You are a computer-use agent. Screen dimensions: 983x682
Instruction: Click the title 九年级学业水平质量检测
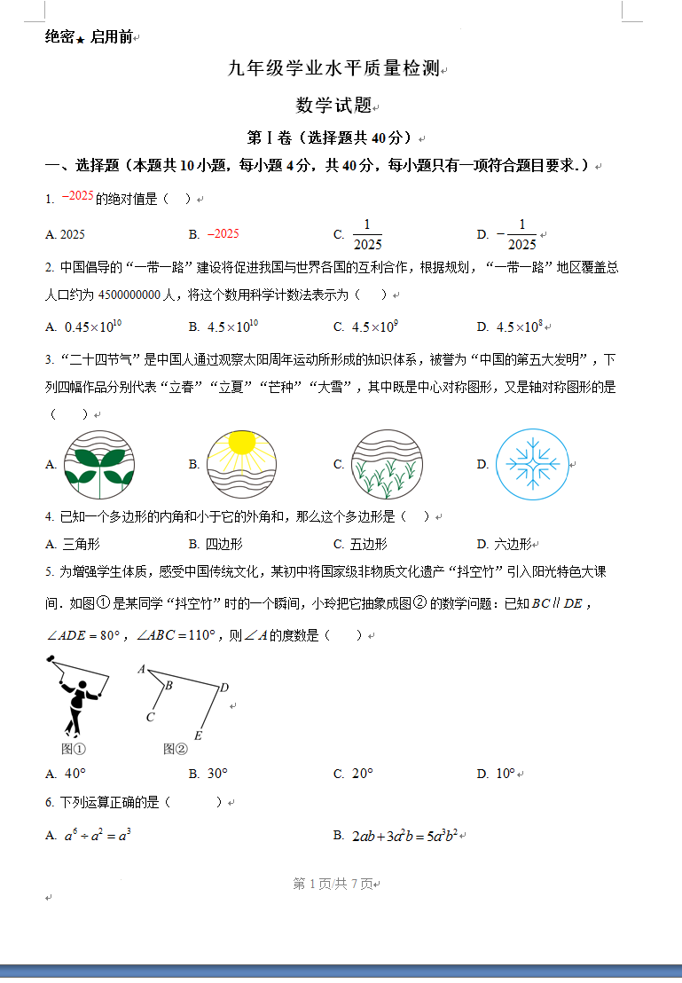click(334, 69)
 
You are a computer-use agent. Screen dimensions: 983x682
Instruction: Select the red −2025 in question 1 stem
click(77, 197)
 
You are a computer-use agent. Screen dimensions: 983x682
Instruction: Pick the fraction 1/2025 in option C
click(367, 234)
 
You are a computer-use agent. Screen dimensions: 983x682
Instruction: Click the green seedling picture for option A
click(98, 464)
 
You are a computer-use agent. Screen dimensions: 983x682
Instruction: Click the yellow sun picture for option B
click(241, 464)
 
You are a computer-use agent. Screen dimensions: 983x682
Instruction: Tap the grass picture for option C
click(385, 464)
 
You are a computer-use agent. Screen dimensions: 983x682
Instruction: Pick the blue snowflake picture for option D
click(530, 464)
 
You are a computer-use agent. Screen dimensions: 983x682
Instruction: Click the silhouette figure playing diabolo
click(77, 695)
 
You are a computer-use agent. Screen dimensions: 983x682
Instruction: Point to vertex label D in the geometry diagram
click(224, 687)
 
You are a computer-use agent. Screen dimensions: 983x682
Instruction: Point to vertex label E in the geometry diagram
click(198, 735)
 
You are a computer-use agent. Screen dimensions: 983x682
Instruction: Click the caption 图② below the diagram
click(176, 749)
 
